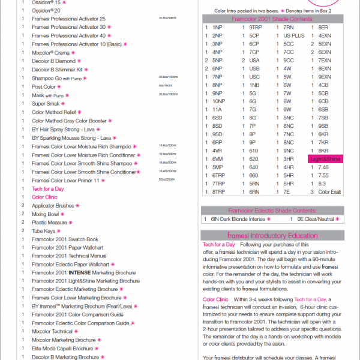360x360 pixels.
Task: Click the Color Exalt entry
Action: pyautogui.click(x=329, y=191)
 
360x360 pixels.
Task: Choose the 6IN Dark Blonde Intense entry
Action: pyautogui.click(x=240, y=219)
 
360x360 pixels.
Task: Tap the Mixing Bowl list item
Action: pyautogui.click(x=46, y=214)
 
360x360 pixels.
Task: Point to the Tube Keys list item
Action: pyautogui.click(x=43, y=231)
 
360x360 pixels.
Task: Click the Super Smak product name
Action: pyautogui.click(x=45, y=104)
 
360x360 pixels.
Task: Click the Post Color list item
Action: pyautogui.click(x=44, y=87)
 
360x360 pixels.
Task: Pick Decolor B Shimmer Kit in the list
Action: pyautogui.click(x=57, y=70)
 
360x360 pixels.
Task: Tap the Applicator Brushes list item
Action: pyautogui.click(x=53, y=206)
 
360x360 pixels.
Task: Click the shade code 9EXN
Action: pyautogui.click(x=325, y=77)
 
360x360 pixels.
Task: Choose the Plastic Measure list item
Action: pyautogui.click(x=49, y=223)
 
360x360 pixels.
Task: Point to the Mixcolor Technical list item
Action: pyautogui.click(x=52, y=331)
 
